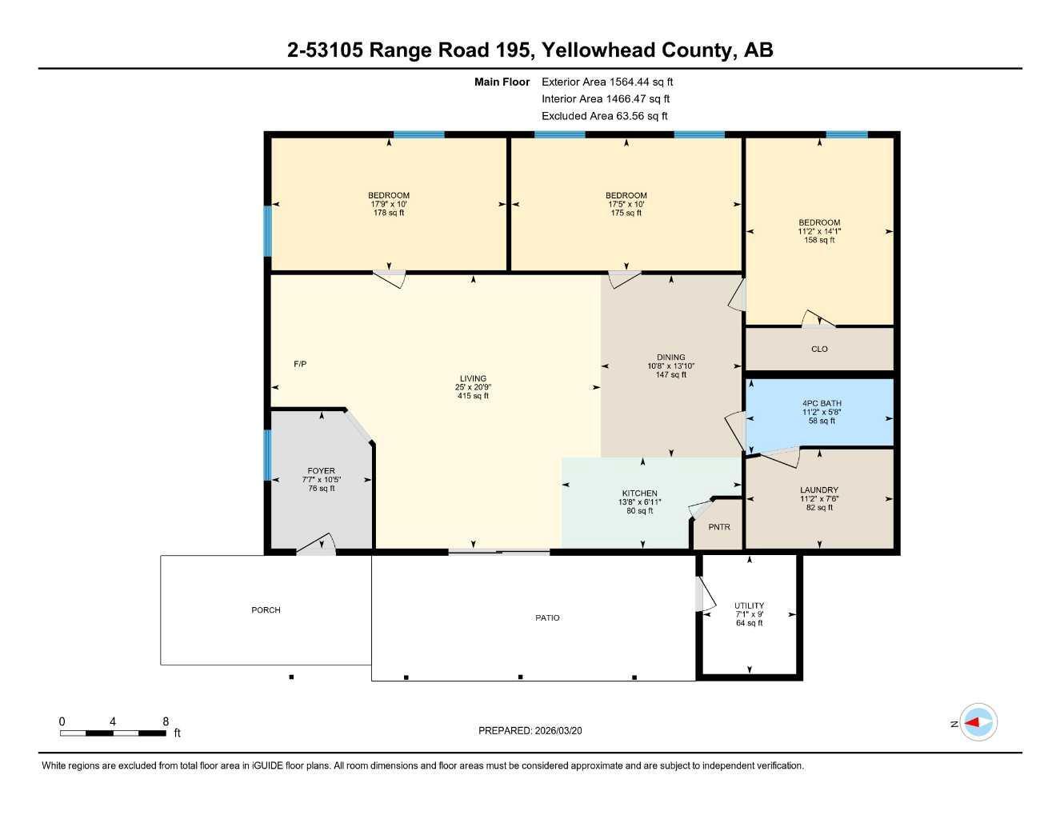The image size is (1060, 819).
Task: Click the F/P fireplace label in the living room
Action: pos(300,365)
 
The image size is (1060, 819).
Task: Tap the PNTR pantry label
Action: pos(719,527)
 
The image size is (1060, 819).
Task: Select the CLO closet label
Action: pos(819,350)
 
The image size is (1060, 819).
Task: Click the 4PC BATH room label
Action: pos(822,404)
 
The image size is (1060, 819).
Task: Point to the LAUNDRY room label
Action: pos(819,490)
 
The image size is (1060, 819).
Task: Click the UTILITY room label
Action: pos(749,605)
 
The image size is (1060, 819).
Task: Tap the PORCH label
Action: pos(266,610)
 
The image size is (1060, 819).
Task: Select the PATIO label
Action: pos(547,618)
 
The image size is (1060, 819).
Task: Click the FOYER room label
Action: pos(322,471)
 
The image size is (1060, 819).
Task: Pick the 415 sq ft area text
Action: pos(473,396)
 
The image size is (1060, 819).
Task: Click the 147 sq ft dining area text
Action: pos(670,375)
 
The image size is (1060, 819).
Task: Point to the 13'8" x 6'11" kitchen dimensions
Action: pos(639,502)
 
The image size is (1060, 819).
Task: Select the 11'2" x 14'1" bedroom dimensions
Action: pos(819,231)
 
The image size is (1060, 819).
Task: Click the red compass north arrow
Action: pos(973,723)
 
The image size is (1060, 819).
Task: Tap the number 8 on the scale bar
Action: pos(166,721)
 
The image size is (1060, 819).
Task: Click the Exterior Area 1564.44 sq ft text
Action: pos(607,82)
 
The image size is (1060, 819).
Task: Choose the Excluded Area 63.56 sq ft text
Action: pos(604,116)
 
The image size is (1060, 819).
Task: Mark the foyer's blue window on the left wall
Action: pos(268,455)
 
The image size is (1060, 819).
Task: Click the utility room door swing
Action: pos(703,595)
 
